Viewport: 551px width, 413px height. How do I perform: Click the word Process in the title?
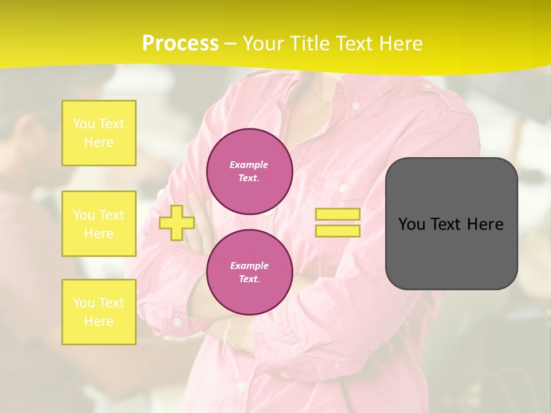(180, 44)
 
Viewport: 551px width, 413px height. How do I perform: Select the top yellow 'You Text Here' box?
(99, 133)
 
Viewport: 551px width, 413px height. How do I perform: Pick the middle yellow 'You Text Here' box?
(99, 224)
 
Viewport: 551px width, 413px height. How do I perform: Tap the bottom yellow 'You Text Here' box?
(99, 312)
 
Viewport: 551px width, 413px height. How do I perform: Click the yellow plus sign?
(177, 223)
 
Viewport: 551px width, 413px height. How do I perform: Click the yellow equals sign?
(337, 223)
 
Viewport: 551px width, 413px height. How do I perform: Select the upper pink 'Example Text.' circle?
(250, 172)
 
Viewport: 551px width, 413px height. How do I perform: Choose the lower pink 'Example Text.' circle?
(250, 272)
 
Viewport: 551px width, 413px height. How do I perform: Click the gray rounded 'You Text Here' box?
(451, 224)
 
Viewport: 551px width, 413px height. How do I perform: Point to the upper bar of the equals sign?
(337, 215)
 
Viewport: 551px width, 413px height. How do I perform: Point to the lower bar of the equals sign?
(337, 231)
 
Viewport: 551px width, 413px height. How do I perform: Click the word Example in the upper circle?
(249, 165)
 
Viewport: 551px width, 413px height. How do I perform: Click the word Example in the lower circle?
(249, 266)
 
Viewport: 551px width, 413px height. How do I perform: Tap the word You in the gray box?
(412, 224)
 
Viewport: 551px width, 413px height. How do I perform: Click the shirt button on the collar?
(356, 106)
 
